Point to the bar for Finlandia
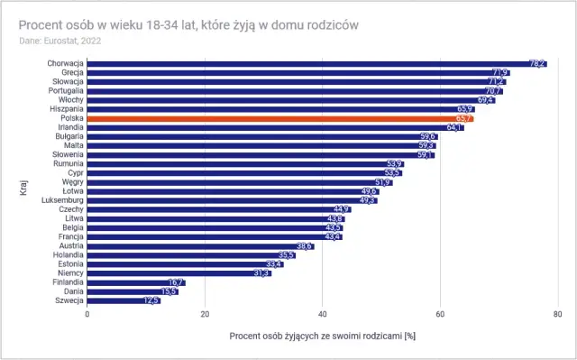coord(135,282)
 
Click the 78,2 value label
coord(537,63)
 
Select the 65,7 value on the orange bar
coord(464,118)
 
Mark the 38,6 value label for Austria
coord(304,245)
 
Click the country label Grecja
coord(70,72)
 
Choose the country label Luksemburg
coord(61,199)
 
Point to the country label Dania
coord(72,291)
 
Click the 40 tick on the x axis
coord(323,315)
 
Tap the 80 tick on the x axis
coord(558,315)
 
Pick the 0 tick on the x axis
coord(87,315)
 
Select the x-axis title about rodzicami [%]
coord(323,336)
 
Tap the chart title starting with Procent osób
coord(188,24)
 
